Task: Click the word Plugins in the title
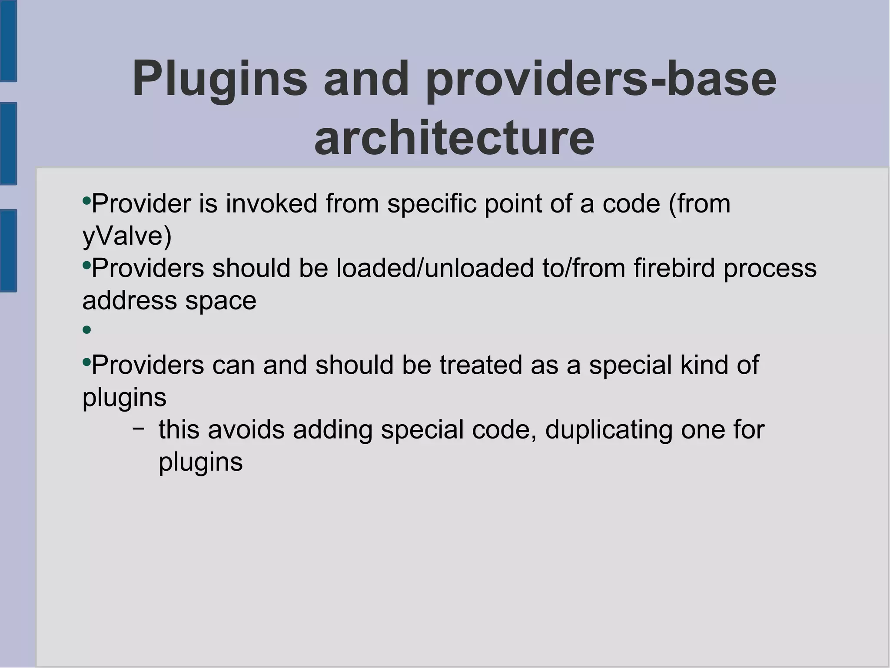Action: point(219,79)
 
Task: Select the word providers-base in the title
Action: point(601,79)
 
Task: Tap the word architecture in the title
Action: point(454,138)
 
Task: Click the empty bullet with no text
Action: point(86,330)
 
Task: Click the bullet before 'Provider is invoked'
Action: point(86,201)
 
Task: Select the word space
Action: point(221,301)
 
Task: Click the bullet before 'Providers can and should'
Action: point(86,362)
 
